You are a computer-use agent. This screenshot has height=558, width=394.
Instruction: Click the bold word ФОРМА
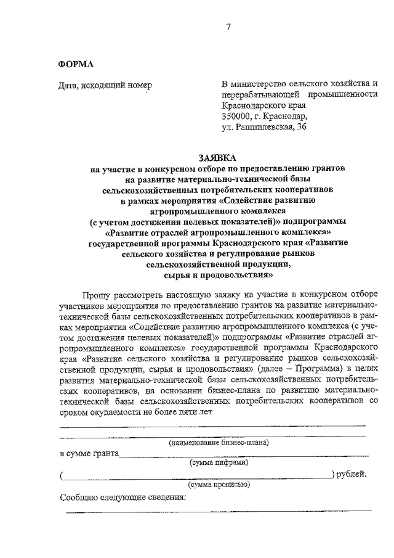point(76,64)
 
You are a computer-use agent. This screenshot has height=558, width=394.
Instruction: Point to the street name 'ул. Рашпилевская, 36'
point(263,127)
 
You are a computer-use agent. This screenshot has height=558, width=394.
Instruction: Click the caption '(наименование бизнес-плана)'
point(219,442)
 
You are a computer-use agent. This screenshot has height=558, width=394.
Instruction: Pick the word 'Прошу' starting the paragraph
point(94,295)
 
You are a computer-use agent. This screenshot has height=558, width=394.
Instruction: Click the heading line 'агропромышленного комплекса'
point(218,210)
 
